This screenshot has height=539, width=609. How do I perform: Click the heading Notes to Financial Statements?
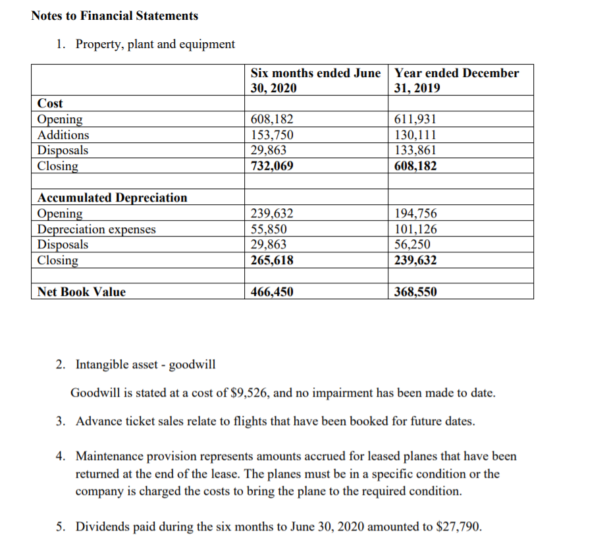coord(115,15)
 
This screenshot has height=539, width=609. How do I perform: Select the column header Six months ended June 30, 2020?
coord(316,80)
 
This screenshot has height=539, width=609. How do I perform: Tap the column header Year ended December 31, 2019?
coord(456,80)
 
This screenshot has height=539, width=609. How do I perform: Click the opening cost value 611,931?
coord(415,119)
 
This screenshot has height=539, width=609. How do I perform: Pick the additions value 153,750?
coord(273,135)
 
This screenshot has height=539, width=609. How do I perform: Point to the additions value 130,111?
coord(415,135)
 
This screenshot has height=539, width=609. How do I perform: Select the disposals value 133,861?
coord(415,150)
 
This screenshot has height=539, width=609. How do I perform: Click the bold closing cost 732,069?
coord(273,166)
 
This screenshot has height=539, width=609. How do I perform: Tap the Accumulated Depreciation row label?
coord(112,198)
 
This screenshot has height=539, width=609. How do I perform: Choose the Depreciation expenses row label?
coord(97,229)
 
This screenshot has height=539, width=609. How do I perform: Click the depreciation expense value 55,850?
coord(269,229)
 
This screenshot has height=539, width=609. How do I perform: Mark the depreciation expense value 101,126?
coord(415,229)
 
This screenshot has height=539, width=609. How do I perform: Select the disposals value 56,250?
coord(412,244)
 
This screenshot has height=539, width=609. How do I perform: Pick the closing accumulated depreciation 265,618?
coord(273,260)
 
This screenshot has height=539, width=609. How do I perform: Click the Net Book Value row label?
coord(82,292)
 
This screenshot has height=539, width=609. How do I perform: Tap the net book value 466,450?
coord(273,292)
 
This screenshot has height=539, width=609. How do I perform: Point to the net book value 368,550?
coord(415,292)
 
